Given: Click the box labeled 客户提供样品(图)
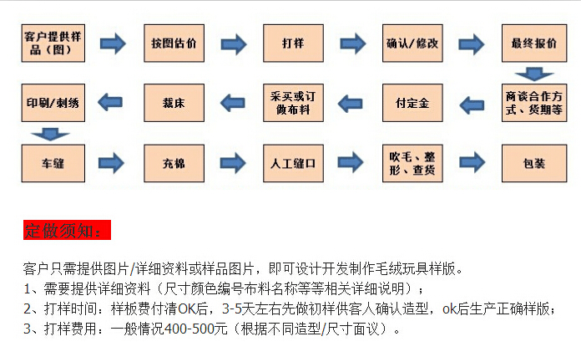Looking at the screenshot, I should pyautogui.click(x=53, y=43).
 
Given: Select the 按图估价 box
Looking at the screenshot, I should pyautogui.click(x=174, y=43).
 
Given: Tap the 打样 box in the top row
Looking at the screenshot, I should pyautogui.click(x=292, y=43).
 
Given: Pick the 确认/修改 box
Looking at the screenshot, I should pyautogui.click(x=412, y=43).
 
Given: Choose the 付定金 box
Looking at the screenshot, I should pyautogui.click(x=412, y=104).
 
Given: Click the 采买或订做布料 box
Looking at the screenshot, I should pyautogui.click(x=292, y=104).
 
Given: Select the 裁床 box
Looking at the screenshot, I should pyautogui.click(x=174, y=104).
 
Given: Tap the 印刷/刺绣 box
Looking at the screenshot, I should pyautogui.click(x=53, y=104).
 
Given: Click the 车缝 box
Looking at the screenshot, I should pyautogui.click(x=53, y=163).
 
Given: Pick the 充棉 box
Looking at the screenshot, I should pyautogui.click(x=174, y=163).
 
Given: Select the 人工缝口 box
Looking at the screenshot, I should pyautogui.click(x=292, y=163).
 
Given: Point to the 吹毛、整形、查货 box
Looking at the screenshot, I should pyautogui.click(x=412, y=163).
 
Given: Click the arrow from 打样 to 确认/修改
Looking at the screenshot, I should pyautogui.click(x=352, y=43).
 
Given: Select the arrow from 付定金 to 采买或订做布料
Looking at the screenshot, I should pyautogui.click(x=352, y=104).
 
